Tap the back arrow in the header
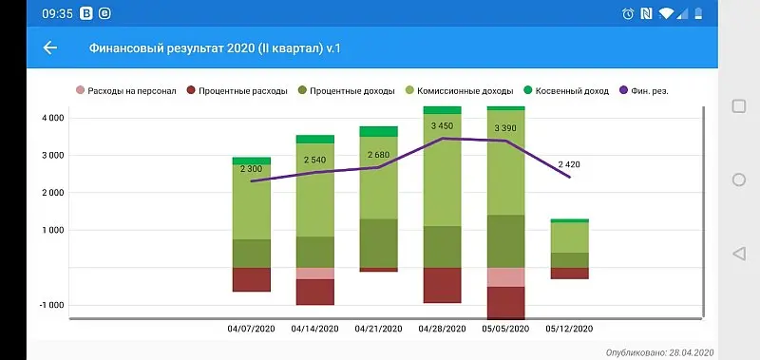coord(50,47)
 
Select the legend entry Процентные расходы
coord(237,91)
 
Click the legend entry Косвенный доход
coord(571,91)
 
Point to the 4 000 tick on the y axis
coord(50,118)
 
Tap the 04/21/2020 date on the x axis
coord(378,329)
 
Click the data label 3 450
coord(442,126)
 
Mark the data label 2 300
coord(252,168)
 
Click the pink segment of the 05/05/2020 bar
coord(505,277)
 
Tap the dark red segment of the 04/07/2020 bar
coord(252,279)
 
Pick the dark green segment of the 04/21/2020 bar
coord(378,243)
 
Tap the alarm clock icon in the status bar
coord(628,14)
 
